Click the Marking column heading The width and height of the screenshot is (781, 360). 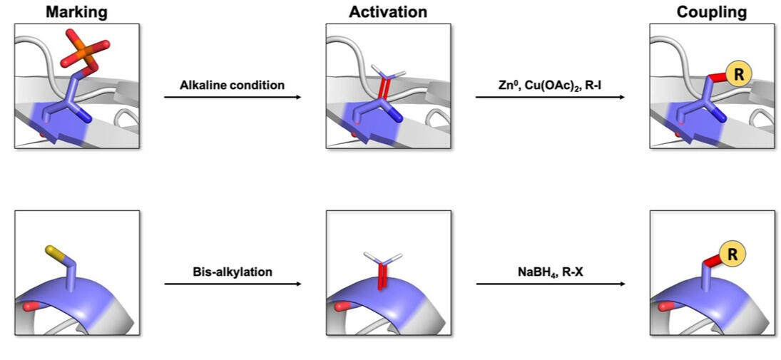(76, 11)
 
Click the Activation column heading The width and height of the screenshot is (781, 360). (388, 11)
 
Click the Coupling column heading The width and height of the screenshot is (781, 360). (712, 11)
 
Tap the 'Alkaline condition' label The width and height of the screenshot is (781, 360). (232, 85)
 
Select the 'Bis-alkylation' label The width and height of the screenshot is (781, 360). (233, 272)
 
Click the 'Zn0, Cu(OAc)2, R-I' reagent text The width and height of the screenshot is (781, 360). (550, 85)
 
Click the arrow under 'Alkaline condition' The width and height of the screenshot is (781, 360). (233, 97)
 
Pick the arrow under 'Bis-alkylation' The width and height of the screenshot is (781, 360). (233, 284)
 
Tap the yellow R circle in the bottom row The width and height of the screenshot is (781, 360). (732, 251)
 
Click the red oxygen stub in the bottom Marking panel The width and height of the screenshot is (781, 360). (29, 307)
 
